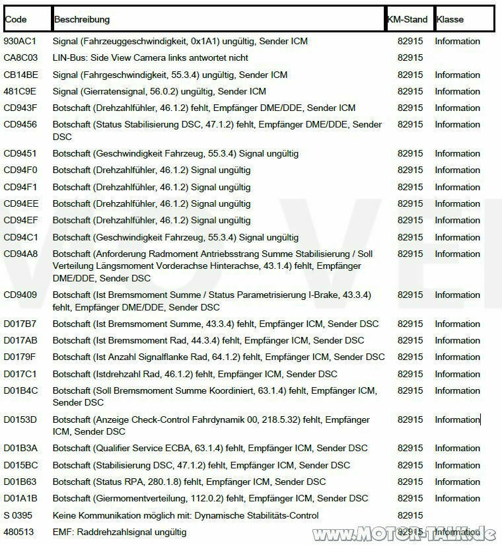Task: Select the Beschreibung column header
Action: click(x=82, y=19)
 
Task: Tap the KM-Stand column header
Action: click(x=408, y=19)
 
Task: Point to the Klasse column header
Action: click(x=450, y=19)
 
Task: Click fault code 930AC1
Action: click(x=20, y=41)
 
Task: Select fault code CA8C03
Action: click(x=21, y=58)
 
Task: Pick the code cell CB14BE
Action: click(x=21, y=75)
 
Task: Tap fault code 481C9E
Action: click(x=20, y=91)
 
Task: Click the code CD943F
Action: click(x=20, y=108)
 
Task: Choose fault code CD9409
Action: click(x=20, y=295)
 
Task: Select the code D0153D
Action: click(x=20, y=419)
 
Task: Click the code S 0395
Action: click(x=18, y=515)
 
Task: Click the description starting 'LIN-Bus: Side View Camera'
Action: click(x=151, y=58)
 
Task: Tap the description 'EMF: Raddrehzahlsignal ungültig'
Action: click(x=120, y=532)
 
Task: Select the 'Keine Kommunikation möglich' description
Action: click(x=186, y=515)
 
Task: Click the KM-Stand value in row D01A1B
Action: click(x=410, y=498)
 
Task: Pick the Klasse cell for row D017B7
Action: click(x=457, y=324)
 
